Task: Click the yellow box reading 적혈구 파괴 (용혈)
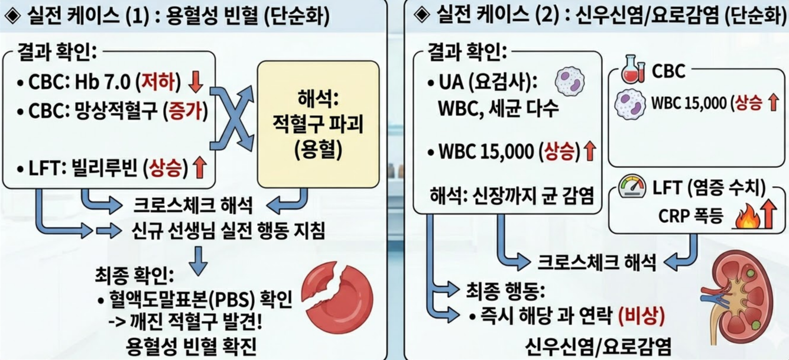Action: pyautogui.click(x=317, y=124)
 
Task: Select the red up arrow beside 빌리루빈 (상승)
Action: pyautogui.click(x=199, y=169)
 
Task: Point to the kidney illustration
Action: pyautogui.click(x=741, y=295)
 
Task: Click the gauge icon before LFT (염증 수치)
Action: pyautogui.click(x=632, y=187)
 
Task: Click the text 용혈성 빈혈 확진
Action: pyautogui.click(x=191, y=346)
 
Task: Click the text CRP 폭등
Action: pyautogui.click(x=690, y=217)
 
